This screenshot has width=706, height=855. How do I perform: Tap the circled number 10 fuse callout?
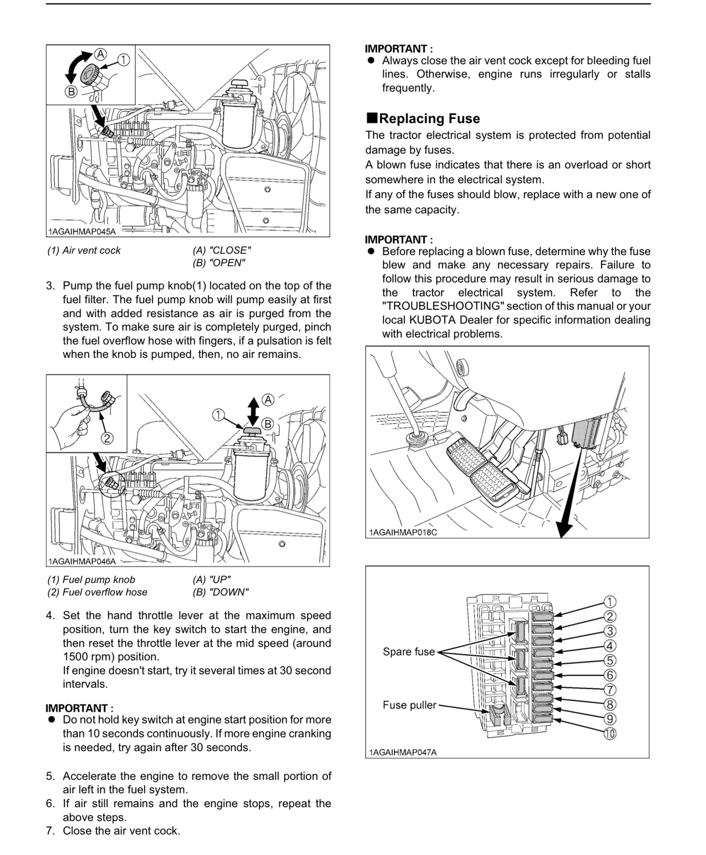point(610,734)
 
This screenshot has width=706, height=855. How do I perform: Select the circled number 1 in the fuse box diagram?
point(610,602)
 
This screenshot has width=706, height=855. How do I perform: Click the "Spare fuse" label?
point(409,652)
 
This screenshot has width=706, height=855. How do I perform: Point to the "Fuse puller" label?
point(409,705)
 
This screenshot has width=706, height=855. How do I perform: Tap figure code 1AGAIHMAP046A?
point(82,561)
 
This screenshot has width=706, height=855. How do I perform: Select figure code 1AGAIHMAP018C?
point(403,532)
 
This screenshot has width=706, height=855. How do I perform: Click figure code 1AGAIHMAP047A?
point(403,752)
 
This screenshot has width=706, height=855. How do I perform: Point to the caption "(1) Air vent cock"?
point(84,251)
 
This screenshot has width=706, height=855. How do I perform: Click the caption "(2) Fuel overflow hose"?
point(97,592)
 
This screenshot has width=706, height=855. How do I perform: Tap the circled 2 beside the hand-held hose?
point(107,438)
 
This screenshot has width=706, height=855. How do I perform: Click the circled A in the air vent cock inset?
point(101,54)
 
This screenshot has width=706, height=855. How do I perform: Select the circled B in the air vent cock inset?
point(71,92)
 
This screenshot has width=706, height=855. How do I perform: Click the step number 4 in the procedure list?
point(50,616)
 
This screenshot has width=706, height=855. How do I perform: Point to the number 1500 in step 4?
point(76,657)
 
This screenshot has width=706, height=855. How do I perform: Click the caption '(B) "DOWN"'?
point(220,592)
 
